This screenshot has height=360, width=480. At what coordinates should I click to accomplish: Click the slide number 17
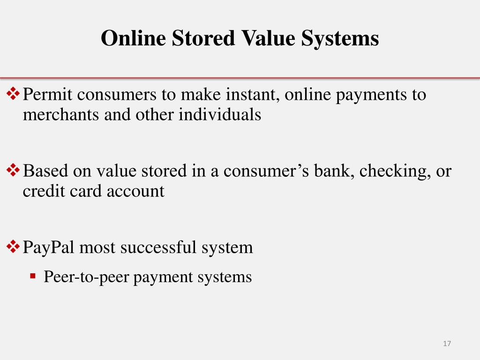click(x=447, y=344)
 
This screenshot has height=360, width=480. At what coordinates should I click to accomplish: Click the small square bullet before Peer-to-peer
click(x=32, y=276)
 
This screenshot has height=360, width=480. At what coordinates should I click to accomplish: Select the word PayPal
click(x=48, y=247)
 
